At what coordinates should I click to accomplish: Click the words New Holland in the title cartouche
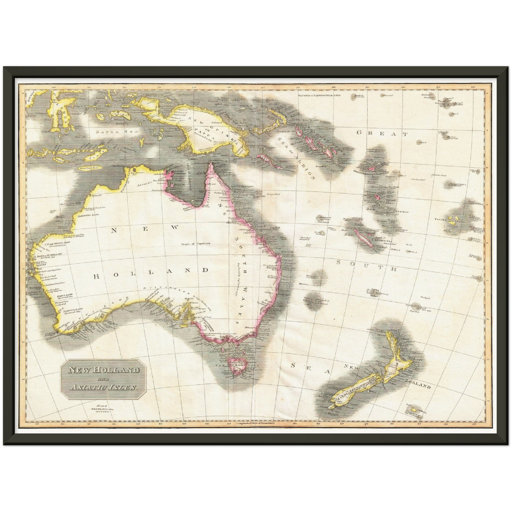[x=104, y=371]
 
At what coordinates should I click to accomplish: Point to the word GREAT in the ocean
[x=382, y=134]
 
